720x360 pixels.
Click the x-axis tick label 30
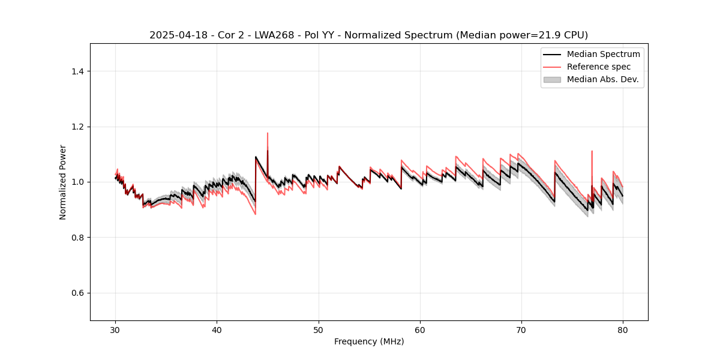point(116,330)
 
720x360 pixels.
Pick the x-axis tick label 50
point(319,330)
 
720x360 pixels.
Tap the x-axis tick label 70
point(521,330)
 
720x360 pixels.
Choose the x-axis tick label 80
point(623,330)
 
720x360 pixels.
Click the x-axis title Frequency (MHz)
point(369,342)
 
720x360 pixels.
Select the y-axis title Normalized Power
point(63,182)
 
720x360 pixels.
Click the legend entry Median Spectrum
point(603,54)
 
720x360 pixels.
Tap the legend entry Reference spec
point(599,67)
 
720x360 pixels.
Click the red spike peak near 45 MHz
point(268,133)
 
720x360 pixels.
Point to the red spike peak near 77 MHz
point(592,151)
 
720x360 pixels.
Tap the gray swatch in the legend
point(552,79)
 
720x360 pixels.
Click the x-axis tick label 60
point(420,330)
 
